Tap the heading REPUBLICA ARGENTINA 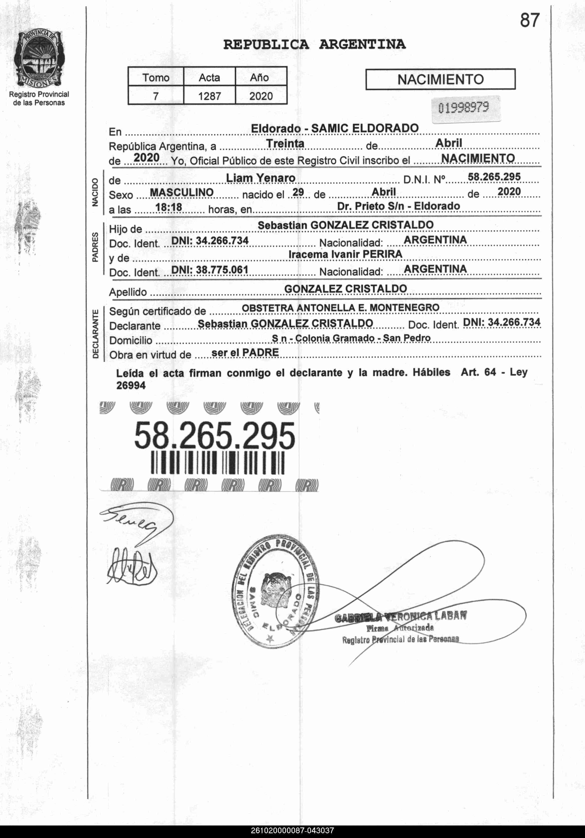[314, 45]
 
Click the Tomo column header [156, 77]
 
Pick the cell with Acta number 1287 [210, 96]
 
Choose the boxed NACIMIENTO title [441, 79]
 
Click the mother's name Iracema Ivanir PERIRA [345, 254]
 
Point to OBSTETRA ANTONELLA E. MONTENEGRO [340, 308]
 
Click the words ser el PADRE [245, 353]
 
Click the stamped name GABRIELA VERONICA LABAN [401, 617]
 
